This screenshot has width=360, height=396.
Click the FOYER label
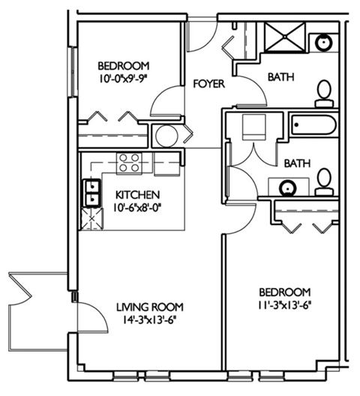[208, 84]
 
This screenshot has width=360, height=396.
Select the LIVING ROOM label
[149, 306]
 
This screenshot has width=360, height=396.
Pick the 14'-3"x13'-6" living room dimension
[149, 319]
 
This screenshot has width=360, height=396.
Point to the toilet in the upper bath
[324, 91]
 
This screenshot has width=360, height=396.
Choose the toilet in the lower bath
[323, 181]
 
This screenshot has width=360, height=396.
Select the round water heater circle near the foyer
[164, 136]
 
